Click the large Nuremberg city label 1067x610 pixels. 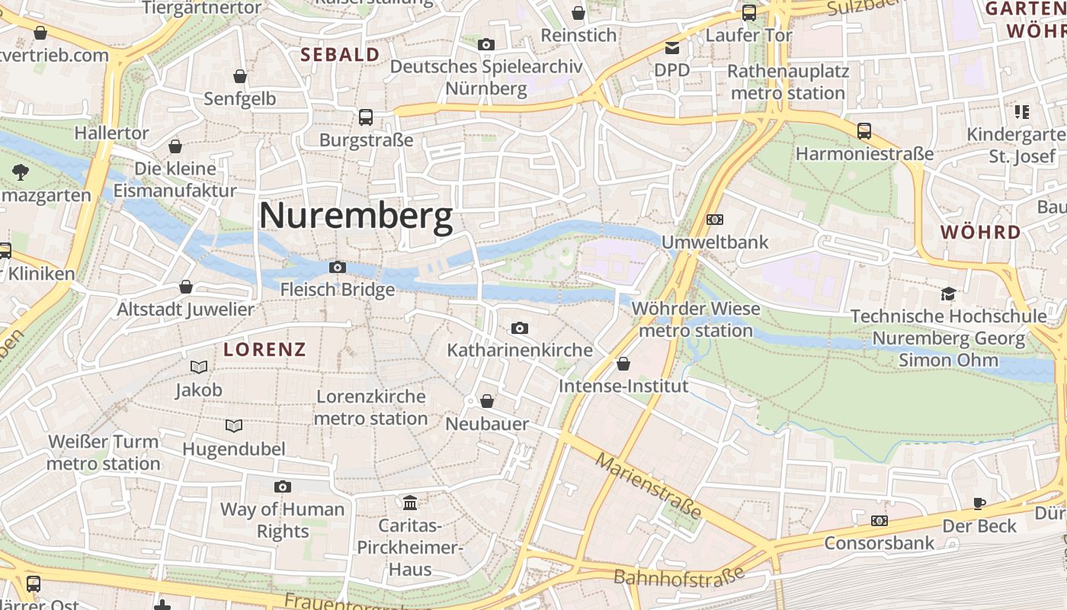click(x=356, y=217)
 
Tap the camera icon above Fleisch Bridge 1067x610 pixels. click(x=337, y=267)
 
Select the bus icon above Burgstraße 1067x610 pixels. click(x=366, y=117)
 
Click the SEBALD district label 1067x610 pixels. click(x=340, y=55)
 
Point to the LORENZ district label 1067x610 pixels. click(x=264, y=350)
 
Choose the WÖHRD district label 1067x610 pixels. click(x=980, y=233)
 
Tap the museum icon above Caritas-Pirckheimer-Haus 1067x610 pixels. click(x=410, y=502)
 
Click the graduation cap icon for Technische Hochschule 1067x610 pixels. click(x=948, y=294)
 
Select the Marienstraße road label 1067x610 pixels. click(x=649, y=486)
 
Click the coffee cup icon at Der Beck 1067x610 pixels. click(x=979, y=503)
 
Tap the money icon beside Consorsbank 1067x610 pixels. click(x=879, y=521)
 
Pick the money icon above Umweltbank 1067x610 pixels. click(x=714, y=220)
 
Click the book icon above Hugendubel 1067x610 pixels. click(x=234, y=425)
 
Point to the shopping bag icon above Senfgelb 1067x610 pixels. click(x=240, y=76)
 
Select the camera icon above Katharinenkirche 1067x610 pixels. click(x=519, y=328)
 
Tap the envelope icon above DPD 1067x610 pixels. click(x=671, y=48)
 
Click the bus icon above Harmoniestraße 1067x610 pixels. click(x=864, y=131)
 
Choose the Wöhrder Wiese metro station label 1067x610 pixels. click(x=696, y=319)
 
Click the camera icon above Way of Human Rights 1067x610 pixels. click(x=282, y=486)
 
